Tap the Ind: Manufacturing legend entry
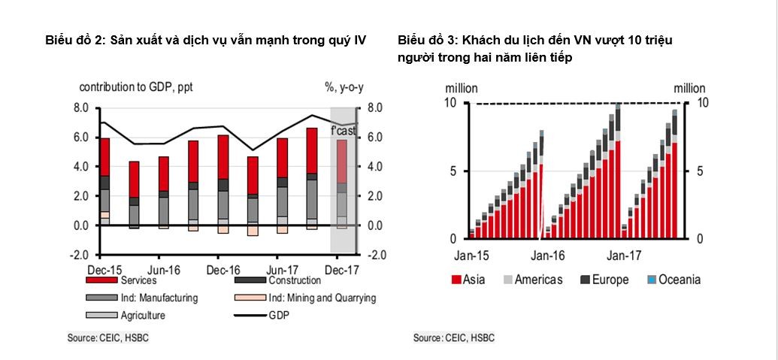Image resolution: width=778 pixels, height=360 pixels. pyautogui.click(x=159, y=298)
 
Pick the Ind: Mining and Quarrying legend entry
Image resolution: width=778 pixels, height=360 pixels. pyautogui.click(x=322, y=298)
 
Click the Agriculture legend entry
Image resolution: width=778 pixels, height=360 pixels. pyautogui.click(x=142, y=316)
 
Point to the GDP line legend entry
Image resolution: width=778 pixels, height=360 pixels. pyautogui.click(x=277, y=316)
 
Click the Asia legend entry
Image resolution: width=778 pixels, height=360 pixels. pyautogui.click(x=474, y=280)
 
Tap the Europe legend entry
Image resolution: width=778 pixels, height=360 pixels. pyautogui.click(x=610, y=280)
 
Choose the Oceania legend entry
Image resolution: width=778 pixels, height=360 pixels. pyautogui.click(x=680, y=280)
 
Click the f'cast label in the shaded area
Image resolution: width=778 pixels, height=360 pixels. pyautogui.click(x=344, y=132)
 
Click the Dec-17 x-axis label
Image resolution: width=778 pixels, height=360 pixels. pyautogui.click(x=342, y=269)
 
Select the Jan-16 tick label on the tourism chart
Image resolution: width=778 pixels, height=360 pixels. pyautogui.click(x=548, y=256)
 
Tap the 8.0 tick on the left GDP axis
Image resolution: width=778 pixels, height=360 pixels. pyautogui.click(x=81, y=108)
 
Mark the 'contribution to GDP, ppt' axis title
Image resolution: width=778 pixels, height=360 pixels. pyautogui.click(x=135, y=87)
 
